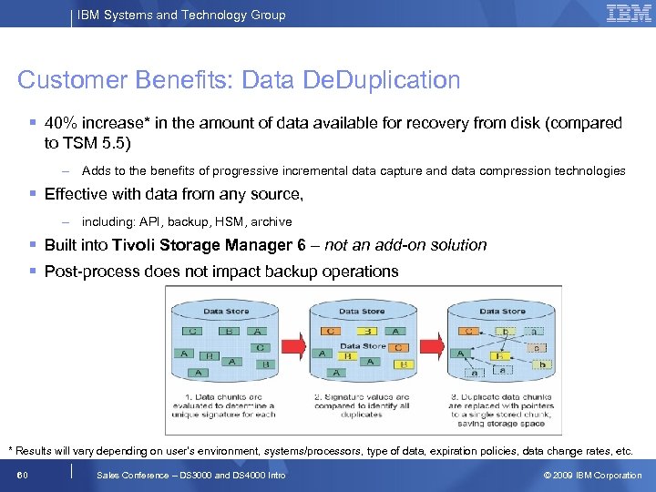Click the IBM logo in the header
[629, 14]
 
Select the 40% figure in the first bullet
[61, 123]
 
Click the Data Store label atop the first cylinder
[226, 312]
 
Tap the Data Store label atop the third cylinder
[501, 312]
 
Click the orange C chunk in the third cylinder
[467, 332]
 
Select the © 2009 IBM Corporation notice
[592, 476]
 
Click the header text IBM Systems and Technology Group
[181, 15]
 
